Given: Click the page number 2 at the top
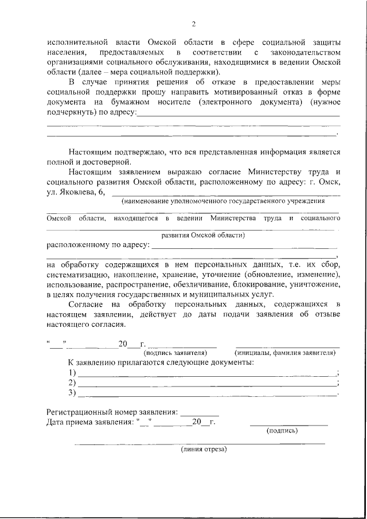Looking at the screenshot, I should [x=194, y=24].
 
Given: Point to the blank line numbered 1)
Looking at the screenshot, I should [x=206, y=373].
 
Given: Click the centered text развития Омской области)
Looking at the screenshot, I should [x=203, y=235].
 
